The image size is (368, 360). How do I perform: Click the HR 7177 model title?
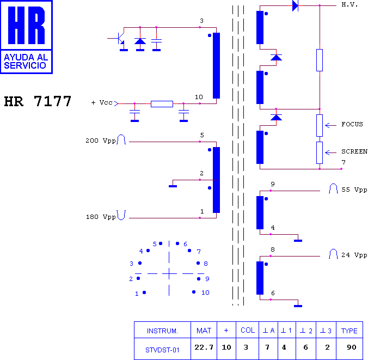tap(38, 101)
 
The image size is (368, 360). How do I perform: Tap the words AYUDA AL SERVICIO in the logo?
tap(26, 62)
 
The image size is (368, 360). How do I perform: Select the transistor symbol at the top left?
tap(119, 38)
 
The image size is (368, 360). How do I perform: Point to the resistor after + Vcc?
tap(162, 104)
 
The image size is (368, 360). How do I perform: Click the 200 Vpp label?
tap(101, 141)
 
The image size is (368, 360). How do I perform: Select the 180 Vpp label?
tap(101, 217)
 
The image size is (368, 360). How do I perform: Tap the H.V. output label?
tap(349, 4)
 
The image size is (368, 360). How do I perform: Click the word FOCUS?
tap(352, 124)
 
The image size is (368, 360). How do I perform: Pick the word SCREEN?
tap(354, 152)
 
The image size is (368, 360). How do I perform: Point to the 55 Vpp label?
tap(354, 190)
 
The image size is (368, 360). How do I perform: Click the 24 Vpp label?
tap(354, 255)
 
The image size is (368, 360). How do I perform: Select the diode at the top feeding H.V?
tap(295, 5)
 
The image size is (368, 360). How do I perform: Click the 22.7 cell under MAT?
tap(204, 347)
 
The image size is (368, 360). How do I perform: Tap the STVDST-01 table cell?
tap(162, 350)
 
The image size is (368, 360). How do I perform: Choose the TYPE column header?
tap(349, 331)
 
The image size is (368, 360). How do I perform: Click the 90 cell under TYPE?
tap(351, 347)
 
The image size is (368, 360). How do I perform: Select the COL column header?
tap(248, 331)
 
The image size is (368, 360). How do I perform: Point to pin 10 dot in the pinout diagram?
tap(194, 292)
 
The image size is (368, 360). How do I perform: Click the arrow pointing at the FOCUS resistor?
tap(330, 126)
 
